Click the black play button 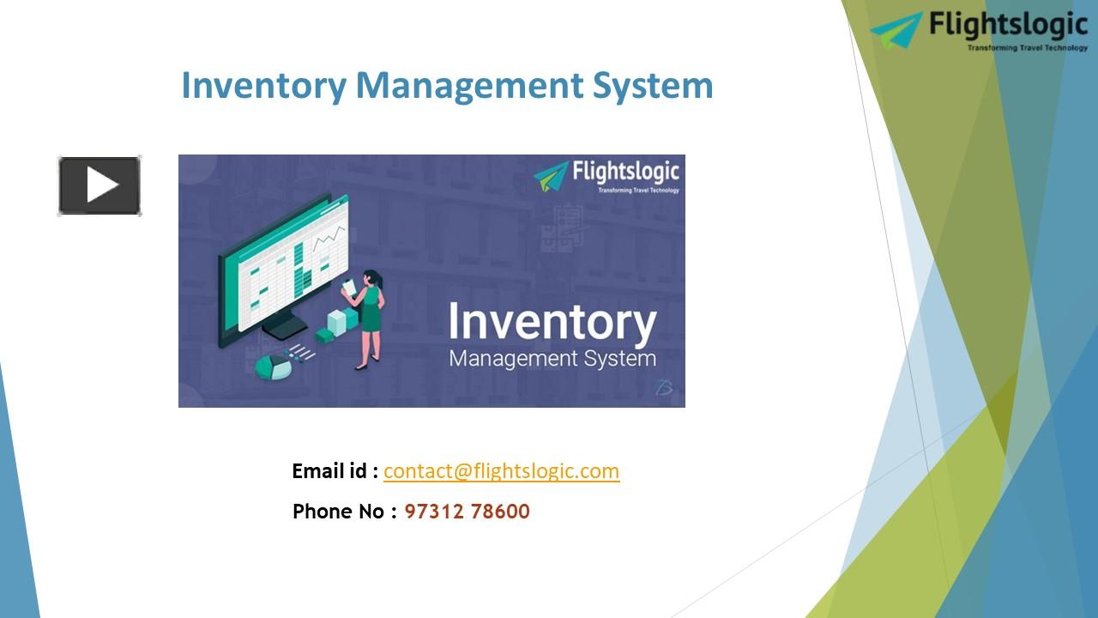click(100, 185)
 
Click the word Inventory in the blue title click(262, 86)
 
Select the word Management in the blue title click(468, 86)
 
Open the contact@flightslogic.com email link click(501, 470)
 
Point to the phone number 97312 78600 click(467, 512)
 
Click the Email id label click(335, 470)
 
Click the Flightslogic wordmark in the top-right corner click(1007, 24)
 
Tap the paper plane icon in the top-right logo click(897, 29)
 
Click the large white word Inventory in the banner click(552, 322)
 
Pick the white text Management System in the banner click(552, 358)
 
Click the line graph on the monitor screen click(329, 236)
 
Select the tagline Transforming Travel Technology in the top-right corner click(1027, 48)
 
